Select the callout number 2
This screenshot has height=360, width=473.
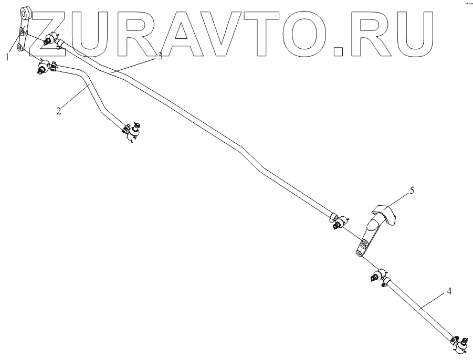(x=59, y=110)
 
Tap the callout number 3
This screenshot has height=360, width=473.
(x=160, y=57)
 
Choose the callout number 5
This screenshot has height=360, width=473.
(x=412, y=190)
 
